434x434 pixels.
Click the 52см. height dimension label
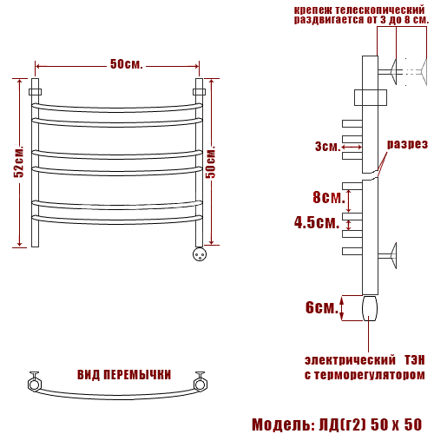click(19, 162)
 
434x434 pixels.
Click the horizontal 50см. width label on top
click(127, 64)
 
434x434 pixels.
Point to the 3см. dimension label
click(327, 147)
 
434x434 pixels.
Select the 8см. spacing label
click(329, 197)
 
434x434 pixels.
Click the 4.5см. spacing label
click(317, 222)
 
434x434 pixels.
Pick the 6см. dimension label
click(322, 307)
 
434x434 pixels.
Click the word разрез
click(407, 144)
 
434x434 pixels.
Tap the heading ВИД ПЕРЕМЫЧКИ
click(124, 375)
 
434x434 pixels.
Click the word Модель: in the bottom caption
click(283, 424)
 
